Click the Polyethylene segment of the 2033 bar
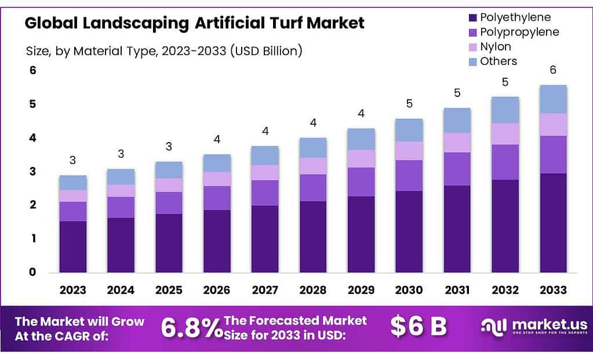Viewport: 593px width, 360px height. [553, 223]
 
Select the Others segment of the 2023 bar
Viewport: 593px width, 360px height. [73, 183]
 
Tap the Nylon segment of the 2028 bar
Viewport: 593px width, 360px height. [313, 166]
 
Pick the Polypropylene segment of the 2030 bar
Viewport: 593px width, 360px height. [409, 175]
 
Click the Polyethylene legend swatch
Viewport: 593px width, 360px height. [471, 18]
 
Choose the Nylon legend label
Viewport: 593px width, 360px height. [496, 46]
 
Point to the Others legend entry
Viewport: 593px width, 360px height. [499, 61]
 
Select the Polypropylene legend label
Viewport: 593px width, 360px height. [519, 32]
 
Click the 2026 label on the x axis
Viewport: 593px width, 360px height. [217, 289]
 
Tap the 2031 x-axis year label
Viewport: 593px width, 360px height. [457, 289]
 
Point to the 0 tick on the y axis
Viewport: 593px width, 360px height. [32, 272]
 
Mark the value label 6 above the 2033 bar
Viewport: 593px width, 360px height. [553, 70]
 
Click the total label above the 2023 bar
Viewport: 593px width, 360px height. [73, 160]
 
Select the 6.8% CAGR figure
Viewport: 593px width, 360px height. [191, 328]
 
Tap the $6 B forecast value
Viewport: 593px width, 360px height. [418, 326]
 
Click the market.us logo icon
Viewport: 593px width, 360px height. [494, 326]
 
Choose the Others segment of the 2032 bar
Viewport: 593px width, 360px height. [505, 110]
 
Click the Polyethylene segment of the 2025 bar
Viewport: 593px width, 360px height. [169, 243]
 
